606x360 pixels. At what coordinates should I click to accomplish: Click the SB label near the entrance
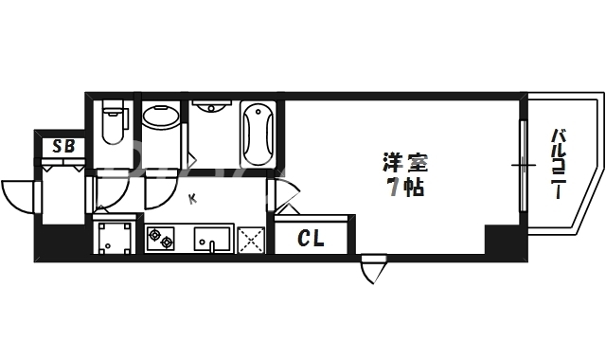click(x=63, y=146)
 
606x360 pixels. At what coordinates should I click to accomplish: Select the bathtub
click(x=258, y=133)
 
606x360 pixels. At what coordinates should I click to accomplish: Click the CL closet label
click(x=312, y=239)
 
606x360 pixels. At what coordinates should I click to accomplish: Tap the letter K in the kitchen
click(x=192, y=199)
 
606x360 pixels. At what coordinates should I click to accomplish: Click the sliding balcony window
click(x=522, y=166)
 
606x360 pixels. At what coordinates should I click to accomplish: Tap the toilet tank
click(x=115, y=108)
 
